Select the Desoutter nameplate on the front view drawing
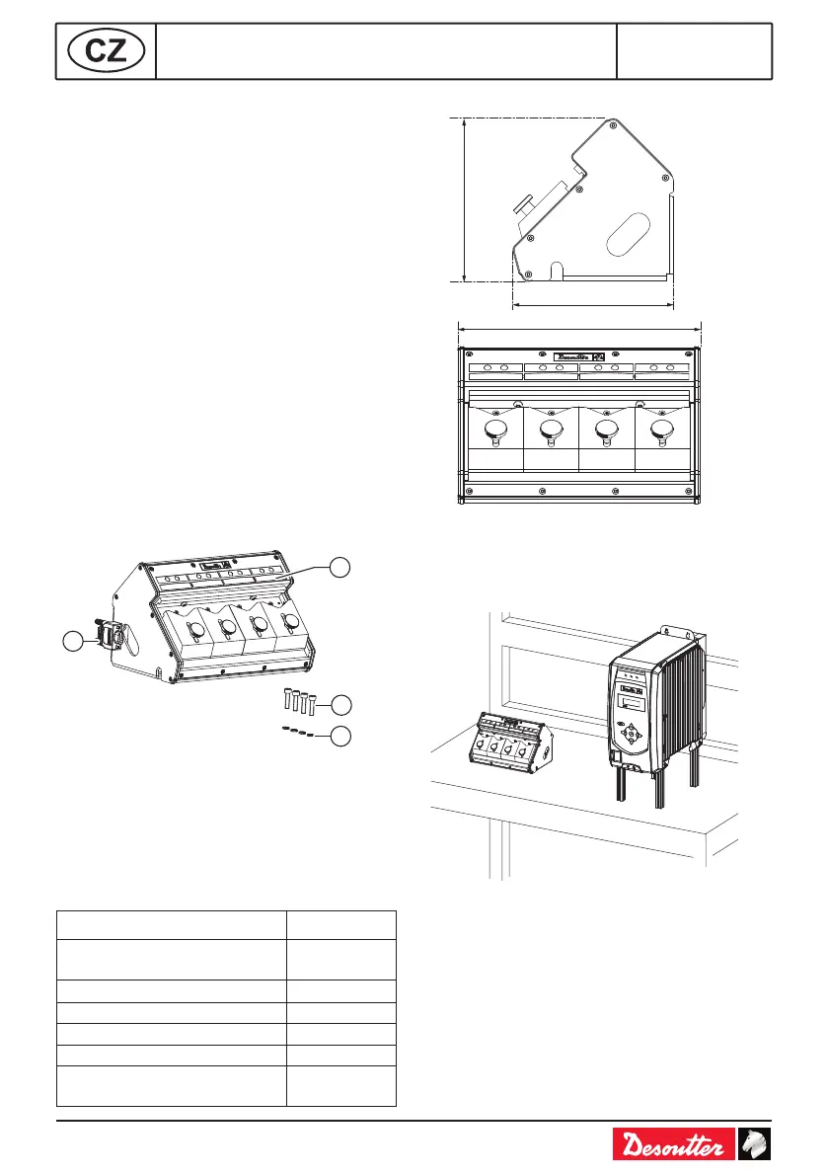coord(579,356)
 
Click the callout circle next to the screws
coord(340,705)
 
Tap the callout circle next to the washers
coord(340,736)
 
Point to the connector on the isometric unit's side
coord(109,635)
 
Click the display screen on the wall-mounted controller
coord(634,702)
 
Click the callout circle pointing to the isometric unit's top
coord(340,566)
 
